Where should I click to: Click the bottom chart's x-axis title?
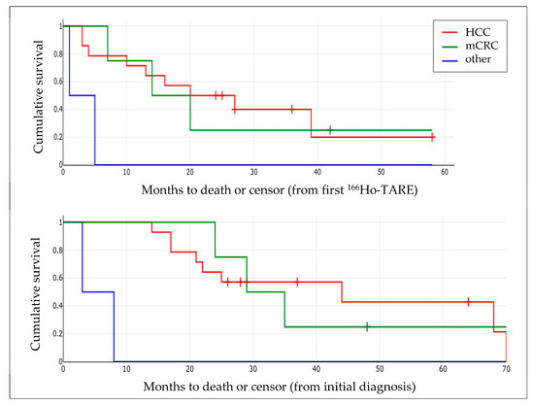pyautogui.click(x=284, y=386)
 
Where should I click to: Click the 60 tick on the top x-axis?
pyautogui.click(x=445, y=171)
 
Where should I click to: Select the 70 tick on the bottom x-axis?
pyautogui.click(x=506, y=369)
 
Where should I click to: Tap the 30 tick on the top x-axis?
pyautogui.click(x=253, y=171)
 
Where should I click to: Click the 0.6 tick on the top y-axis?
pyautogui.click(x=55, y=81)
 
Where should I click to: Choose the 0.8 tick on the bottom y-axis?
pyautogui.click(x=55, y=251)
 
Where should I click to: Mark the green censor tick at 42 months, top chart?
pyautogui.click(x=330, y=129)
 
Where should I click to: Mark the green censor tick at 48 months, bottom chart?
pyautogui.click(x=367, y=326)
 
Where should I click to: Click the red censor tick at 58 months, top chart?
pyautogui.click(x=432, y=137)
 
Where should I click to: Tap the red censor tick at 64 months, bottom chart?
pyautogui.click(x=468, y=302)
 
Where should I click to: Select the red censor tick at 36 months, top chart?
pyautogui.click(x=291, y=109)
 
